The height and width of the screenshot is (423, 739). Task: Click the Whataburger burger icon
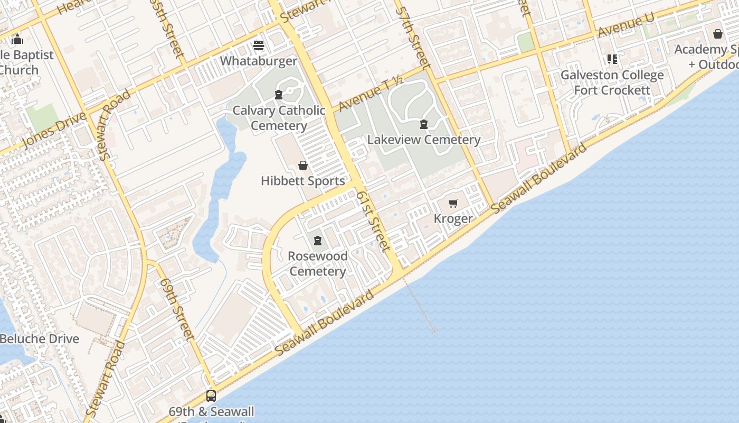(x=259, y=45)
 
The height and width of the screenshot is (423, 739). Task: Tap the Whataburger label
(x=259, y=61)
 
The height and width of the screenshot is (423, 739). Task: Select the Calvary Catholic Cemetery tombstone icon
(x=279, y=95)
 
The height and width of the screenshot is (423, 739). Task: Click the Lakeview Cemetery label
(x=424, y=140)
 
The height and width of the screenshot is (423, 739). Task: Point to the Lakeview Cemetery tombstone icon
(x=423, y=125)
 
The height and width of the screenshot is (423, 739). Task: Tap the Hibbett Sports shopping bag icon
(x=303, y=166)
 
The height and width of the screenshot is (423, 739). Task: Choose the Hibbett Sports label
(x=303, y=181)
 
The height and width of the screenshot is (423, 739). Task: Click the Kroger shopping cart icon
(x=453, y=204)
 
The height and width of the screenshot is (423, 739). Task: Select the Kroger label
(x=453, y=218)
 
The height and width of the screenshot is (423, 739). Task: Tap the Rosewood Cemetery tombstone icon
(x=318, y=241)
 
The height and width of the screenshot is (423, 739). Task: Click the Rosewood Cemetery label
(x=318, y=263)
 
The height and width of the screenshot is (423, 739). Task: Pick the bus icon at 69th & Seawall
(x=211, y=396)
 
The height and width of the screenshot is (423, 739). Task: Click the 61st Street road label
(x=373, y=221)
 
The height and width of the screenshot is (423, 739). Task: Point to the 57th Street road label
(x=413, y=37)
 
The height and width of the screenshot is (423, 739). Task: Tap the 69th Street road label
(x=177, y=309)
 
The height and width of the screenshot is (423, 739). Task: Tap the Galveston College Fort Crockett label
(x=612, y=82)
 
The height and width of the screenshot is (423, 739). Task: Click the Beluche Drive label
(x=40, y=339)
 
